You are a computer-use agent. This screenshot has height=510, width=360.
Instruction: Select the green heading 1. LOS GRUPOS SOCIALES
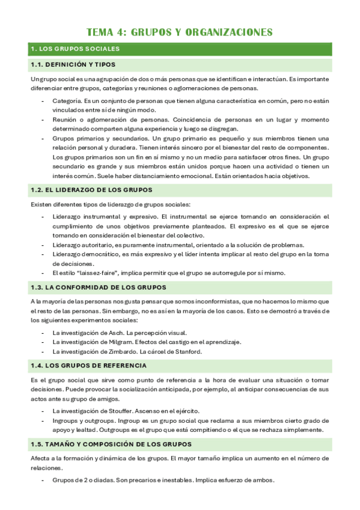click(x=75, y=49)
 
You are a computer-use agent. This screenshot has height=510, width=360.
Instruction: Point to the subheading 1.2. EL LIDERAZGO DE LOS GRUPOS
click(x=90, y=190)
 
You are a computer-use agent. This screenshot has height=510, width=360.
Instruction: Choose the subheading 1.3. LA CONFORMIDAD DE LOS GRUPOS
click(x=99, y=287)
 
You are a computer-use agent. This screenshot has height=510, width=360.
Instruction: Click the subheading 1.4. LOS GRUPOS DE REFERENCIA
click(x=88, y=366)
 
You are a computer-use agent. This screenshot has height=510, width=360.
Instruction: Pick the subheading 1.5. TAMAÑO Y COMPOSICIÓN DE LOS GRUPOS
click(x=111, y=444)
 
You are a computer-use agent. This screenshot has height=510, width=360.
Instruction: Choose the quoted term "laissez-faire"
click(x=103, y=272)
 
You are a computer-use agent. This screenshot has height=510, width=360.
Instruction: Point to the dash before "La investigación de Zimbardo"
click(x=43, y=351)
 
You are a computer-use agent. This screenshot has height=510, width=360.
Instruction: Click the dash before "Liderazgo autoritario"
click(x=43, y=245)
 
